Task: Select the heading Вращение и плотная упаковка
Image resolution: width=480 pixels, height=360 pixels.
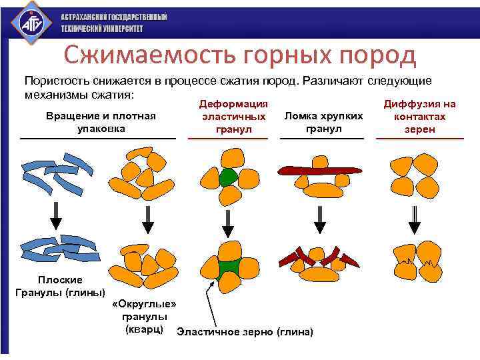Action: pos(101,121)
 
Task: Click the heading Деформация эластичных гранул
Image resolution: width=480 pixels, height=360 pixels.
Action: pos(228,116)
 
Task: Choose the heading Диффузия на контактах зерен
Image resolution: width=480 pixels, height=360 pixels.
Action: pos(420,116)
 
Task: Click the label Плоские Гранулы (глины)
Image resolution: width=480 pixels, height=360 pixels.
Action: pos(60,286)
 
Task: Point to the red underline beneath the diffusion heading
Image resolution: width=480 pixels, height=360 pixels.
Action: pos(420,139)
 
